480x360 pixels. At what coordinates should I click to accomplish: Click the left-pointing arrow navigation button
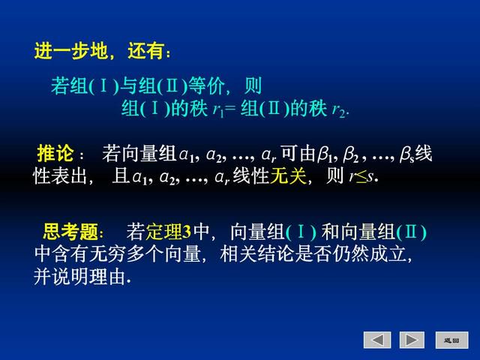pos(377,340)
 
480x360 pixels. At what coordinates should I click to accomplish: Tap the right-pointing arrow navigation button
pos(412,340)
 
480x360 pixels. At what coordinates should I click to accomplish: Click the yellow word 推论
pos(55,153)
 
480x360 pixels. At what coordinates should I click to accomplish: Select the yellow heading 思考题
pos(70,232)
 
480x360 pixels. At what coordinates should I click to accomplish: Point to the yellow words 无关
pos(288,176)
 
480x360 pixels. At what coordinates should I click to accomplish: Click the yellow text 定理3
pos(168,232)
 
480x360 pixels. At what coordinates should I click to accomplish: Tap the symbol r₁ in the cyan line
pos(218,109)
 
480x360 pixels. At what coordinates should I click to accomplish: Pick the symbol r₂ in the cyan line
pos(338,109)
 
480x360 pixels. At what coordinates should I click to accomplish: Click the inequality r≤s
pos(361,176)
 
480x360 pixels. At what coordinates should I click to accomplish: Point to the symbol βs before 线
pos(406,154)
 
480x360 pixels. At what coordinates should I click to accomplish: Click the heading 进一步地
pos(71,50)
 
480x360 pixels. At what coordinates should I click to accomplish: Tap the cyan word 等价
pos(206,85)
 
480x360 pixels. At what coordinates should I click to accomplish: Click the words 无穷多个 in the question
pos(126,254)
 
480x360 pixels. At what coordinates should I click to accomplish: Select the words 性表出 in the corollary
pos(60,176)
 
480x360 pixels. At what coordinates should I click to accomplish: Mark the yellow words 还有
pos(145,50)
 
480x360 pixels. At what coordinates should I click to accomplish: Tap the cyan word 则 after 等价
pos(253,85)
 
